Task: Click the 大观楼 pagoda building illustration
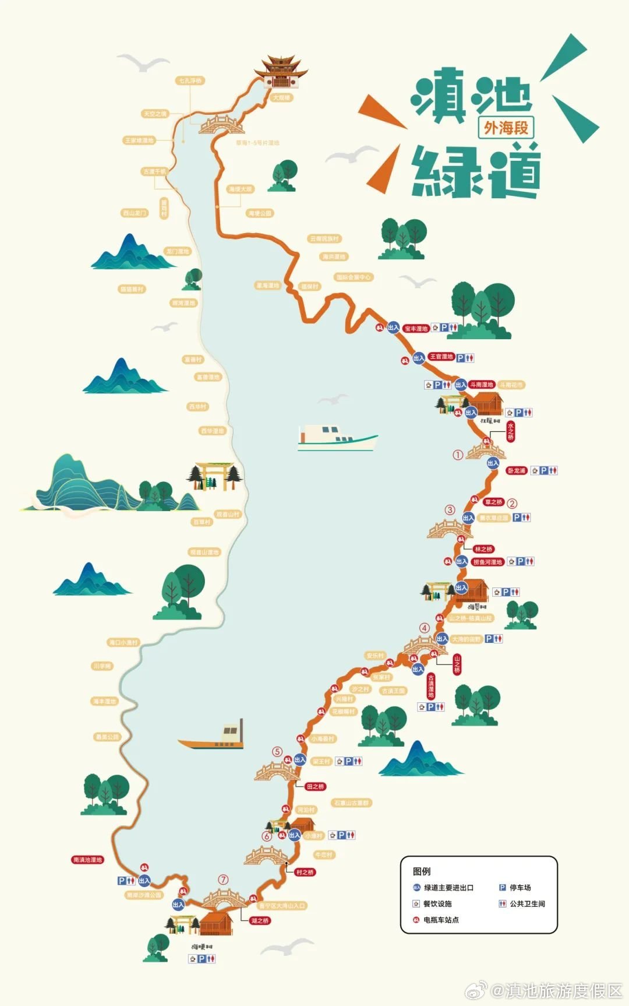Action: click(x=281, y=73)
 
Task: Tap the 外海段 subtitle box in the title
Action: click(x=506, y=128)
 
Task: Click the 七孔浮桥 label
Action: click(x=190, y=80)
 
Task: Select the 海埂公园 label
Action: click(x=260, y=213)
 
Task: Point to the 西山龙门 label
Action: click(x=135, y=213)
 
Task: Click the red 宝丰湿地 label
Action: click(x=416, y=329)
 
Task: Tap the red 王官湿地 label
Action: click(x=441, y=357)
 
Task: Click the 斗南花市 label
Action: click(x=511, y=385)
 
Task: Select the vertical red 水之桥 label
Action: click(x=510, y=432)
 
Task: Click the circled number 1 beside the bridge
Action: click(x=458, y=455)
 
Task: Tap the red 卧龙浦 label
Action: click(x=516, y=470)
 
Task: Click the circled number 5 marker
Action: click(x=277, y=752)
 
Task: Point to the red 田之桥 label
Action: click(x=315, y=787)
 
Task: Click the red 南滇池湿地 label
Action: click(x=87, y=860)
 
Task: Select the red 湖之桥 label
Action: click(x=260, y=921)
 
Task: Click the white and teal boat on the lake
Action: click(x=337, y=438)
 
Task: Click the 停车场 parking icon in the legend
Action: click(x=502, y=888)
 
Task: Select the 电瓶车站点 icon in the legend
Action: click(x=416, y=920)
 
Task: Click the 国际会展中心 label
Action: click(x=353, y=277)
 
